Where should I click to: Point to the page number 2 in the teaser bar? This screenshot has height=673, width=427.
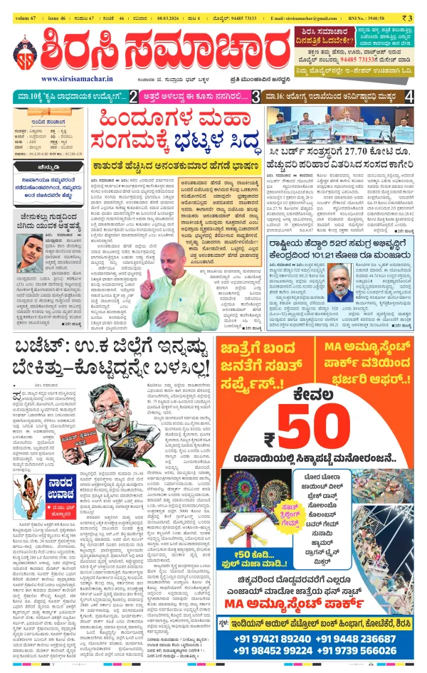133,96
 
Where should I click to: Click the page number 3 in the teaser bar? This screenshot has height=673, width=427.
255,96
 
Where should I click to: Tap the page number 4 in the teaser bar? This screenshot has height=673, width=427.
408,96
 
